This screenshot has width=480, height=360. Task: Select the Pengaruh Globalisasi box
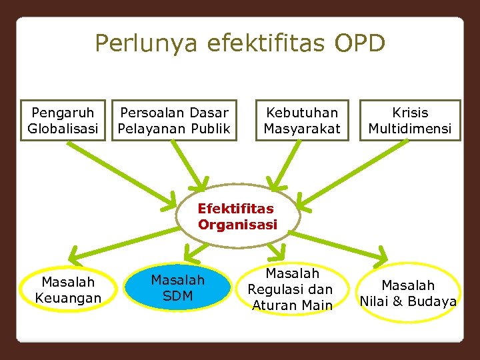click(x=63, y=121)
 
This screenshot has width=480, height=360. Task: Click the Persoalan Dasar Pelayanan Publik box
click(x=174, y=121)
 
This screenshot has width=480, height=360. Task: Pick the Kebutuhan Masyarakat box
click(x=302, y=121)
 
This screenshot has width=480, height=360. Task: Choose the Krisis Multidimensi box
click(x=410, y=121)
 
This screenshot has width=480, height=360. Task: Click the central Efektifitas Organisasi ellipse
click(x=239, y=216)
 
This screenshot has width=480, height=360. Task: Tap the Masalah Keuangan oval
click(x=68, y=290)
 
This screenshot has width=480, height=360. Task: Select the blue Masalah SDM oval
click(x=178, y=287)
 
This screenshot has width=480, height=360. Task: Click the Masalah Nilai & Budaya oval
click(x=409, y=293)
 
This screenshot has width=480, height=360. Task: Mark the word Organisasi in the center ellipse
click(x=237, y=225)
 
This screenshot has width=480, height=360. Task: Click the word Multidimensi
click(x=410, y=128)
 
